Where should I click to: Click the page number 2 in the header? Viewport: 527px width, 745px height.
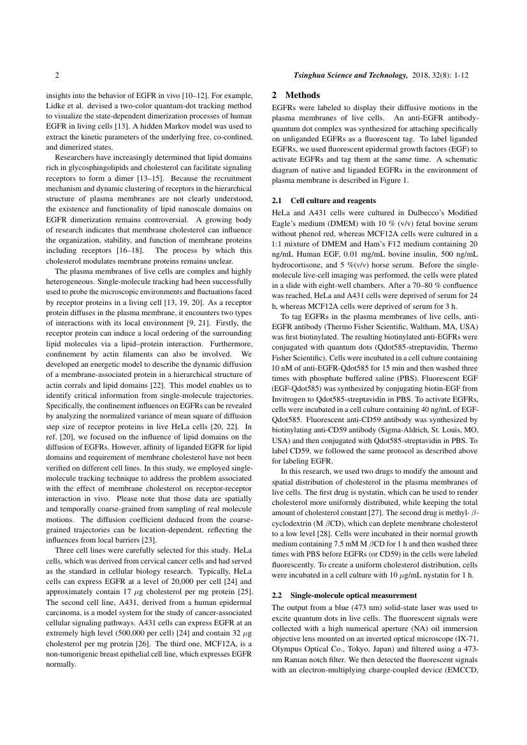point(57,75)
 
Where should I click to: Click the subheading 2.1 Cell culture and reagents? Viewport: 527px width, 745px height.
point(324,200)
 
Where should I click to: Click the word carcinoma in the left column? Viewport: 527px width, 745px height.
point(63,629)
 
